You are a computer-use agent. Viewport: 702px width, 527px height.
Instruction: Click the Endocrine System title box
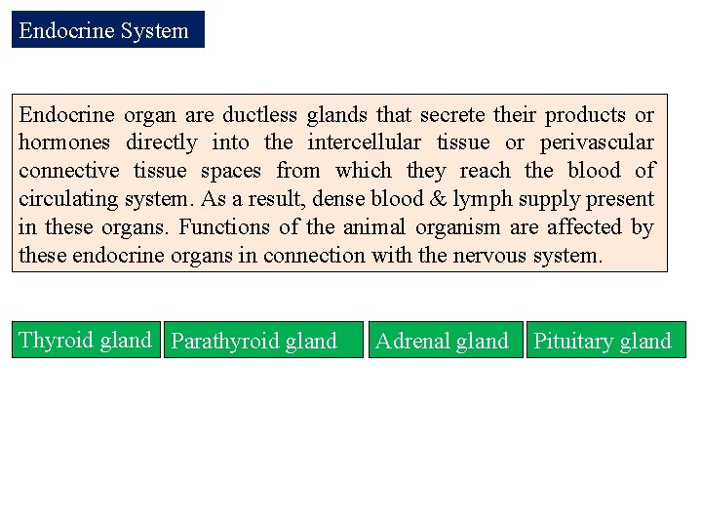click(x=107, y=30)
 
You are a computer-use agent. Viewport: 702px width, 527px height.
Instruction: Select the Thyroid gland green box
click(x=86, y=341)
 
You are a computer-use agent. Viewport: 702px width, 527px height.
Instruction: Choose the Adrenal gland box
click(x=444, y=341)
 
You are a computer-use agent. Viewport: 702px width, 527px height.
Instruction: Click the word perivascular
click(x=598, y=143)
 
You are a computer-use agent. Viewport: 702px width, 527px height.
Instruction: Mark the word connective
click(x=68, y=172)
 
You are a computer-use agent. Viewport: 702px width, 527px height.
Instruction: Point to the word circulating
click(x=67, y=200)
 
